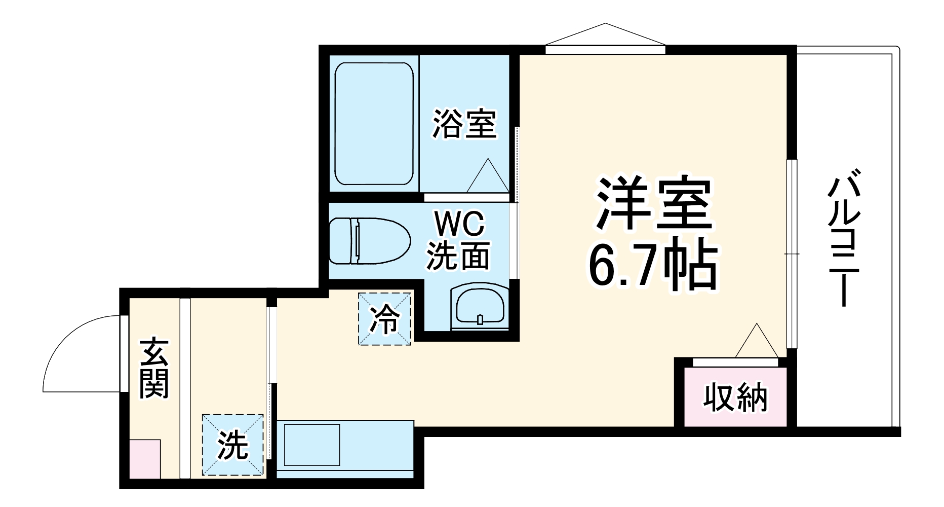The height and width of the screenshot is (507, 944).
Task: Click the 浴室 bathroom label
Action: [464, 124]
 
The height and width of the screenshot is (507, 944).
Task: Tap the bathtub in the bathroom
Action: [374, 124]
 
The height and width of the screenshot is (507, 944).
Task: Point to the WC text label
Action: [460, 224]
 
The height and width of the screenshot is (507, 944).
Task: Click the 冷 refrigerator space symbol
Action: [385, 319]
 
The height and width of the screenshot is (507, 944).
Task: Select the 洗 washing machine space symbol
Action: [233, 445]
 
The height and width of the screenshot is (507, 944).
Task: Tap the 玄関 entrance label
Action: [154, 368]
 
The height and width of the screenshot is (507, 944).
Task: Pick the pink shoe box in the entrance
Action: [145, 459]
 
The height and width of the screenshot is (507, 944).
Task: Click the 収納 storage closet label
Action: [735, 398]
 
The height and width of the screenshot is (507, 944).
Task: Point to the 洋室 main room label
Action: [654, 203]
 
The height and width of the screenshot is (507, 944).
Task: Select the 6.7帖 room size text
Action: [653, 266]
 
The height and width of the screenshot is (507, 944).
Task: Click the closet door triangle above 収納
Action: [756, 342]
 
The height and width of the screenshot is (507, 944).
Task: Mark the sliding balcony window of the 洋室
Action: [791, 253]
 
